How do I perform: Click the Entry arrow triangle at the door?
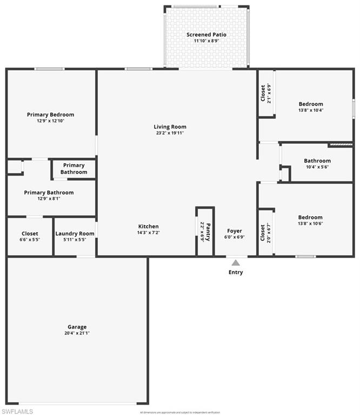click(x=236, y=263)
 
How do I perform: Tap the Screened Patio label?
click(x=206, y=35)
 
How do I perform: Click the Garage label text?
click(x=77, y=327)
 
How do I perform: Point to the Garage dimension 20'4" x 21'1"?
click(x=77, y=333)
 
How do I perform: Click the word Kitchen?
click(x=149, y=226)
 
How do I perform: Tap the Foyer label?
click(x=235, y=231)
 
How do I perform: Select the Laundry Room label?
click(x=75, y=233)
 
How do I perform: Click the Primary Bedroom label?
click(x=51, y=115)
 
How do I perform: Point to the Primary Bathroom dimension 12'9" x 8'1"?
click(x=49, y=198)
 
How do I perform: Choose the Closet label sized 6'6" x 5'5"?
click(x=30, y=233)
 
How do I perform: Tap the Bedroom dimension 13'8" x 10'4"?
click(x=311, y=110)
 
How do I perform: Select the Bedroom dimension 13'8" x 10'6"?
click(x=310, y=224)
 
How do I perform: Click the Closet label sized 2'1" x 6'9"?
click(x=263, y=92)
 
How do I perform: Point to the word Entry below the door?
click(x=236, y=272)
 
